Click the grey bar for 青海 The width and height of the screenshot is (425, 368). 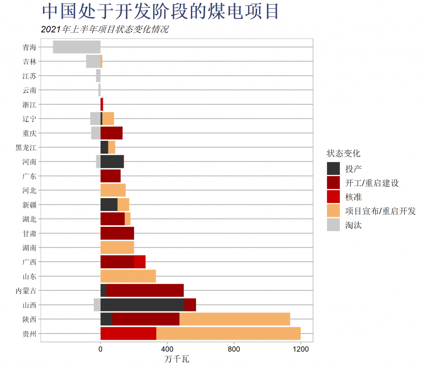pos(77,47)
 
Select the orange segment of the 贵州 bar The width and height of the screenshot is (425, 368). pos(228,333)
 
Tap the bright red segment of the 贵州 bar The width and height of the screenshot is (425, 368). pos(128,333)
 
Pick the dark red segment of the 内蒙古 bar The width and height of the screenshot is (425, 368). pos(145,290)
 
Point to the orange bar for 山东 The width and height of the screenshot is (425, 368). pos(128,276)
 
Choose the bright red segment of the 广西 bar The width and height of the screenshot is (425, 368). pos(140,262)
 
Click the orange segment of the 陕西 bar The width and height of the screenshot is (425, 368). pos(234,319)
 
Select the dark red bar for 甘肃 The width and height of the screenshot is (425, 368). pos(117,233)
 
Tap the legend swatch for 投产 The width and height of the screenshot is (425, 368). pos(333,168)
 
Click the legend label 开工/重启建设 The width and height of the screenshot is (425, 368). pos(372,183)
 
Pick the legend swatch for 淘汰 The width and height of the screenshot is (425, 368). pos(333,225)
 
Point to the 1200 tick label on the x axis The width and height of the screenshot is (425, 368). pos(300,350)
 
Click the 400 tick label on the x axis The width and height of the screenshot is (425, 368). pos(167,350)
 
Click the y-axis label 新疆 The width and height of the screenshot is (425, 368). pos(29,205)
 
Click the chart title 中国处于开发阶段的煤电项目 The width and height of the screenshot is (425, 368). pos(161,12)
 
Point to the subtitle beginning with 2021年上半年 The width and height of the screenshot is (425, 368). pos(105,29)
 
